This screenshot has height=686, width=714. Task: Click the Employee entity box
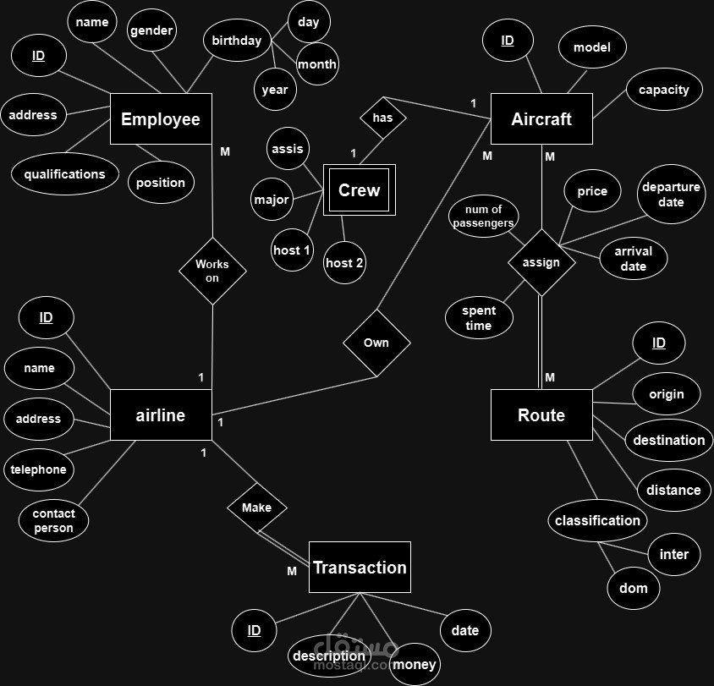[161, 118]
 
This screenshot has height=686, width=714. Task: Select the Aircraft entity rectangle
[541, 118]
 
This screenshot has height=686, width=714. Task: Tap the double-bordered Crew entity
[360, 189]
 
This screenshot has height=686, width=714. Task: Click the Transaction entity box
[360, 568]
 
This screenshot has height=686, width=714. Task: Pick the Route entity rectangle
[541, 414]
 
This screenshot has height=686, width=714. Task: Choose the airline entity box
[161, 414]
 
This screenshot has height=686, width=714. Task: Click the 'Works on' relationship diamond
[212, 271]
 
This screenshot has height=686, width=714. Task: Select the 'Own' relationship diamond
[376, 343]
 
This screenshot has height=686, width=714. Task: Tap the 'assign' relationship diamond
[541, 263]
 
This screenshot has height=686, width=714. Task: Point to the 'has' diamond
[383, 118]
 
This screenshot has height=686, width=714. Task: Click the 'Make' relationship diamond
[257, 508]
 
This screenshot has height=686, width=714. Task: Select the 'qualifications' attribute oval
[65, 174]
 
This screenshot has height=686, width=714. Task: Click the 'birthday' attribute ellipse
[237, 40]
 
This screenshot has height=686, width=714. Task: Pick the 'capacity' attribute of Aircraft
[664, 89]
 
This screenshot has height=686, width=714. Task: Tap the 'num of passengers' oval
[483, 217]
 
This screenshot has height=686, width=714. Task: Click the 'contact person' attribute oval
[54, 521]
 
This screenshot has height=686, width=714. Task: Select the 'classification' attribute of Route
[597, 520]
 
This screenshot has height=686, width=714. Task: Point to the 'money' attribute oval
[415, 664]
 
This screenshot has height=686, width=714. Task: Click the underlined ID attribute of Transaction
[254, 630]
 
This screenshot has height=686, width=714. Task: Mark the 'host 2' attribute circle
[344, 263]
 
